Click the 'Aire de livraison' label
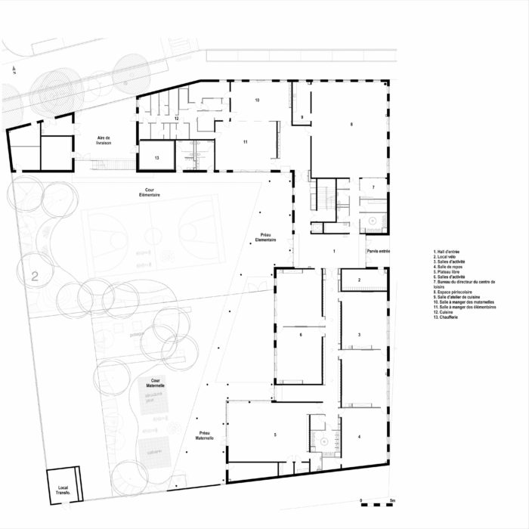pos(104,141)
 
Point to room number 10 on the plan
pos(257,100)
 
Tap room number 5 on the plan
pos(275,435)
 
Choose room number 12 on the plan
pos(175,119)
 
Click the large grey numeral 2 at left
pos(34,277)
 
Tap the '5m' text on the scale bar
pos(392,501)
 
